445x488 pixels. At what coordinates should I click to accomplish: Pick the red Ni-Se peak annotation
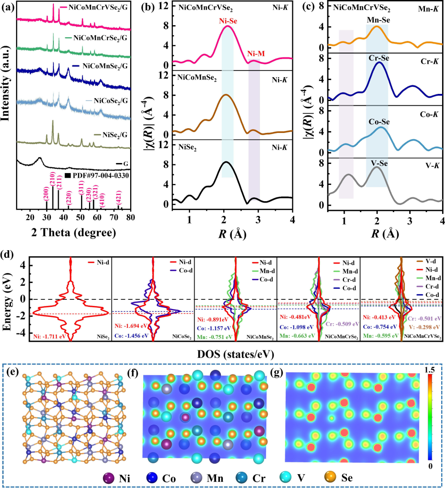(x=228, y=20)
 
